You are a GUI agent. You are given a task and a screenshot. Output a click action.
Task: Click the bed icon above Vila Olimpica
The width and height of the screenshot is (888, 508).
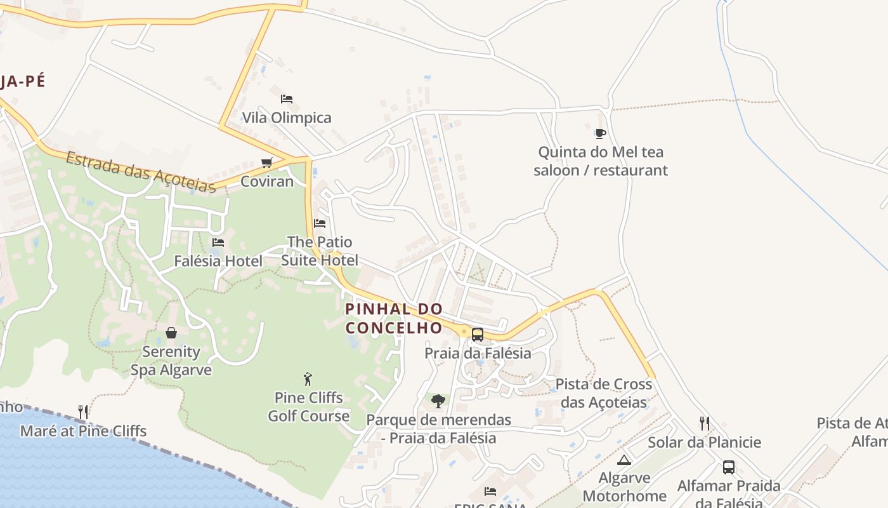tap(287, 99)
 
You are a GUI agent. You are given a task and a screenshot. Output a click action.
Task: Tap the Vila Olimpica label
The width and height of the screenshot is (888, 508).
tap(287, 118)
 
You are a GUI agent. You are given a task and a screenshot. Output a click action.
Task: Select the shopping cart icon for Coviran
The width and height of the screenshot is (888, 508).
tap(267, 163)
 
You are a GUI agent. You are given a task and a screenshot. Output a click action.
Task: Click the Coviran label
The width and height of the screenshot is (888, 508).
tap(267, 182)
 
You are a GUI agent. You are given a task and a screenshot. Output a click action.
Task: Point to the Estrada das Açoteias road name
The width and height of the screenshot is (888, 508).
tap(140, 171)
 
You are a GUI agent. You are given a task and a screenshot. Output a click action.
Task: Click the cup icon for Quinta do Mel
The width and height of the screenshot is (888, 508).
tap(600, 133)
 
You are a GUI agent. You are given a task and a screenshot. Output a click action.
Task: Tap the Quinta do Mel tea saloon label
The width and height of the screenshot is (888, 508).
tap(600, 161)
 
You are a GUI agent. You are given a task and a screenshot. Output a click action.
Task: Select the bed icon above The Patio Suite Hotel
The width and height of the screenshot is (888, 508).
tap(320, 224)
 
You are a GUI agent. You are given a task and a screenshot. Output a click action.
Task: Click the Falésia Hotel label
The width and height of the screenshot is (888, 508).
tap(218, 261)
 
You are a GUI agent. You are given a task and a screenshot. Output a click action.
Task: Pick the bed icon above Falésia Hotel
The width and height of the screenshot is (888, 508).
tap(218, 243)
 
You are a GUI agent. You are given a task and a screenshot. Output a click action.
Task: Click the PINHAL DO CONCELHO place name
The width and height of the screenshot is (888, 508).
tap(394, 319)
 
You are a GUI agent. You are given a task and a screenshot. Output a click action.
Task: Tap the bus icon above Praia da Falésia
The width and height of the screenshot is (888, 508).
tap(478, 334)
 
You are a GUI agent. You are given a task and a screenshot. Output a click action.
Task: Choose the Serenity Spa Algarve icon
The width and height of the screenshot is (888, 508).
tap(171, 333)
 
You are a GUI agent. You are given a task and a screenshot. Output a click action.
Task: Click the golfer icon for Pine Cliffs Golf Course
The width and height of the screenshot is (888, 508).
tap(308, 379)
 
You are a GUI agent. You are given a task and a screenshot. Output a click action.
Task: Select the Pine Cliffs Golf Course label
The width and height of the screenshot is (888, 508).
tap(308, 407)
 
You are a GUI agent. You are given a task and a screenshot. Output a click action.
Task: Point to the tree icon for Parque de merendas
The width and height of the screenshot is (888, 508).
tap(438, 401)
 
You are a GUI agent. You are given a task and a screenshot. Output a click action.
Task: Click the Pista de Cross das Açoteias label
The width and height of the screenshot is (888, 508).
tap(603, 393)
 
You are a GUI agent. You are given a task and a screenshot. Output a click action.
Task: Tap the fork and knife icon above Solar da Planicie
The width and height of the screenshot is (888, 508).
tap(704, 424)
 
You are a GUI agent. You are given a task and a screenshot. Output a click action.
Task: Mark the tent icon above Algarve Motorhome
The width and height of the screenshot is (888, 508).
tap(624, 460)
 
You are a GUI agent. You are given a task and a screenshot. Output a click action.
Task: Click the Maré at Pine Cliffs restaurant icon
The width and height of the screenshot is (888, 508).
tap(83, 412)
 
